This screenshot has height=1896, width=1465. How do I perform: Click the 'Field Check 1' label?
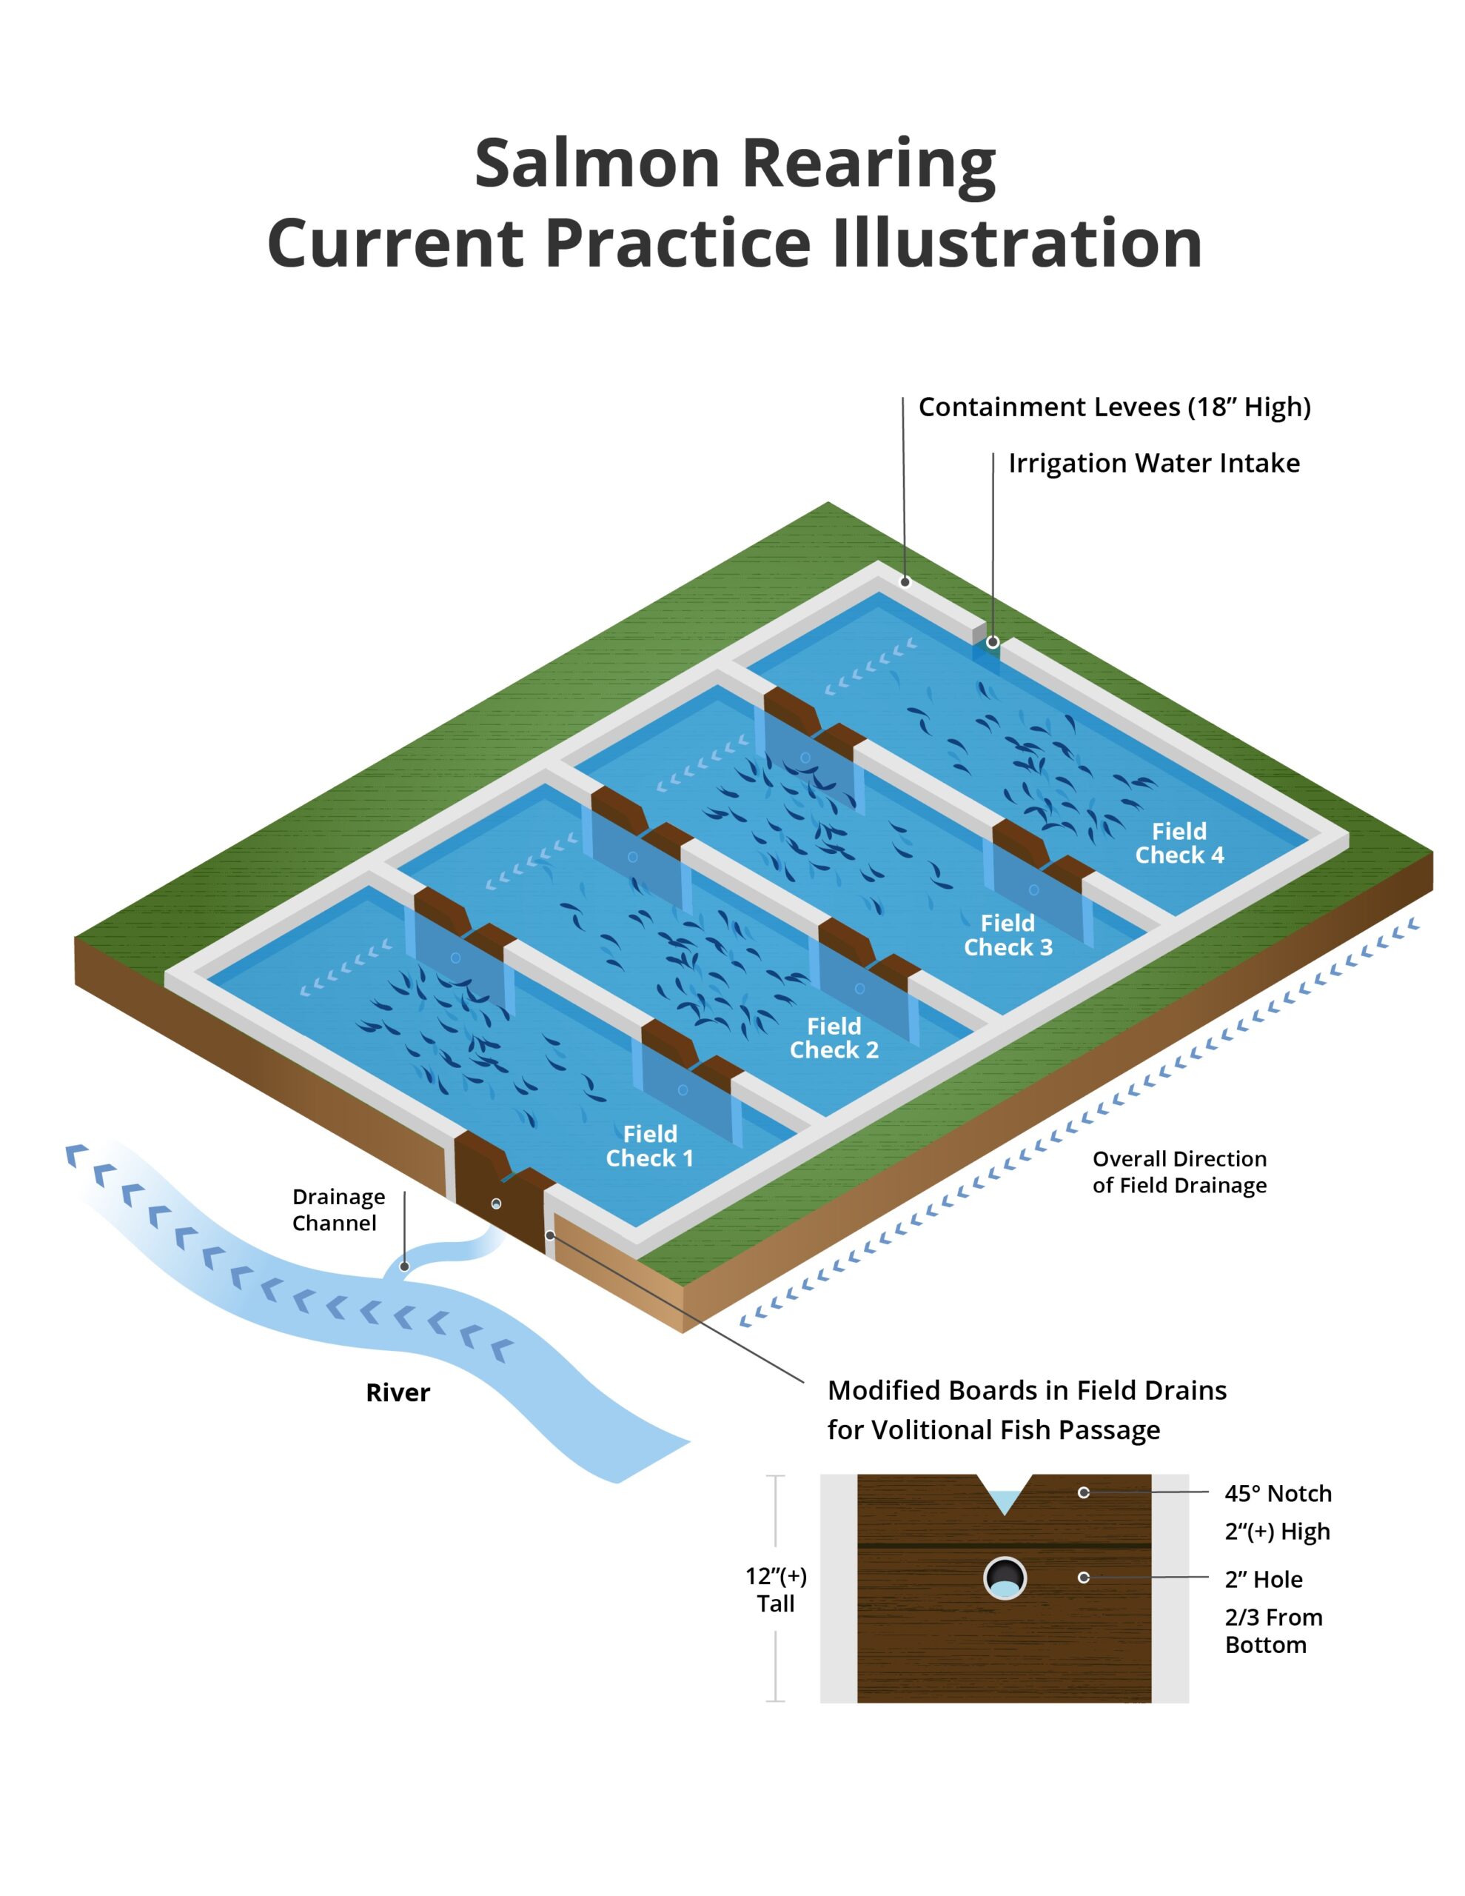click(649, 1145)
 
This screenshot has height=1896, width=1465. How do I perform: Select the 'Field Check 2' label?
click(834, 1038)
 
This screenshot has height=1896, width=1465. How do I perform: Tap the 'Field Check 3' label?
click(1008, 934)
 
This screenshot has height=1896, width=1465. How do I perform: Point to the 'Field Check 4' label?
click(1179, 842)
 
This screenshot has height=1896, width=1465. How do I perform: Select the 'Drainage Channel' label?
click(338, 1209)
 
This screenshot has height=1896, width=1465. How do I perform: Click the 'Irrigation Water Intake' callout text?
click(1154, 463)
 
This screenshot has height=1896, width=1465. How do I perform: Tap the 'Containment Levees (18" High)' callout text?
click(1114, 407)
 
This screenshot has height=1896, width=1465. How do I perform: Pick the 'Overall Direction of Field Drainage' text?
click(1179, 1171)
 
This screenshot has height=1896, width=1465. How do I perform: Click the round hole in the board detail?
click(1004, 1578)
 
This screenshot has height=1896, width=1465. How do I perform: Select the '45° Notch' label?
click(1278, 1493)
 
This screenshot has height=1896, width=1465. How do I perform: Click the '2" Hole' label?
click(1264, 1579)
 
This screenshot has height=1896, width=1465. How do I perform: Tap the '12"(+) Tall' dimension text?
click(776, 1589)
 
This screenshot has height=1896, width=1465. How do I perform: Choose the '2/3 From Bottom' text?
click(1273, 1630)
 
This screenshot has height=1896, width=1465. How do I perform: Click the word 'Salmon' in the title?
click(598, 163)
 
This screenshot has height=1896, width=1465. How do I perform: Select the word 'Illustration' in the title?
click(1017, 242)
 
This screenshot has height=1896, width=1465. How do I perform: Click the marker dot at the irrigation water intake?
click(993, 642)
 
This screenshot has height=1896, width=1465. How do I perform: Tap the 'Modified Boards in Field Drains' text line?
click(1027, 1390)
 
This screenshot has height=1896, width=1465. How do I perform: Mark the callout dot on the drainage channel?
click(404, 1266)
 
